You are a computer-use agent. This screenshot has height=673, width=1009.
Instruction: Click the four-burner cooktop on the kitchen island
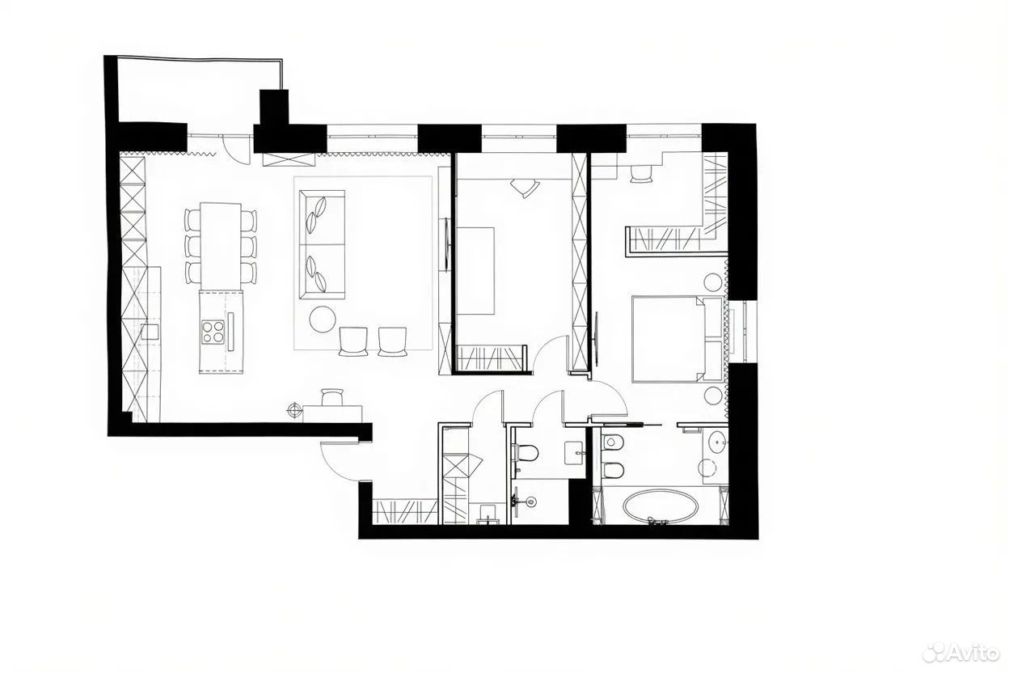point(213,332)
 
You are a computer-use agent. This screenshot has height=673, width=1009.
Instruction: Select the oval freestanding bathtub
point(661,506)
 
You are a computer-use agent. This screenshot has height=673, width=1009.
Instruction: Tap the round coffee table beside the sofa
point(323,320)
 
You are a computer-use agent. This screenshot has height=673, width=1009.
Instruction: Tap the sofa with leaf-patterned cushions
point(322,244)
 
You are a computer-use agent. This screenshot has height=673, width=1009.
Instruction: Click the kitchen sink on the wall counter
point(150,332)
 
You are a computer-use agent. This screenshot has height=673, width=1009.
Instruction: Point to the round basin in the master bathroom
point(716,440)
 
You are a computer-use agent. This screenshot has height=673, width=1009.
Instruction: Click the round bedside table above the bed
point(714,282)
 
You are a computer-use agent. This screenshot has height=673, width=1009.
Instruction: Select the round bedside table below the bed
point(714,395)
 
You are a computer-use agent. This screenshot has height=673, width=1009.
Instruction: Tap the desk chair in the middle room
point(524,186)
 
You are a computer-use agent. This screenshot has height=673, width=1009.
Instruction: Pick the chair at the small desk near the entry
point(332,397)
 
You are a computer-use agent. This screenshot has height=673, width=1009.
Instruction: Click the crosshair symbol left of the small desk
point(294,410)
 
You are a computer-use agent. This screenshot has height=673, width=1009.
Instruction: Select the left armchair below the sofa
point(353,341)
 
